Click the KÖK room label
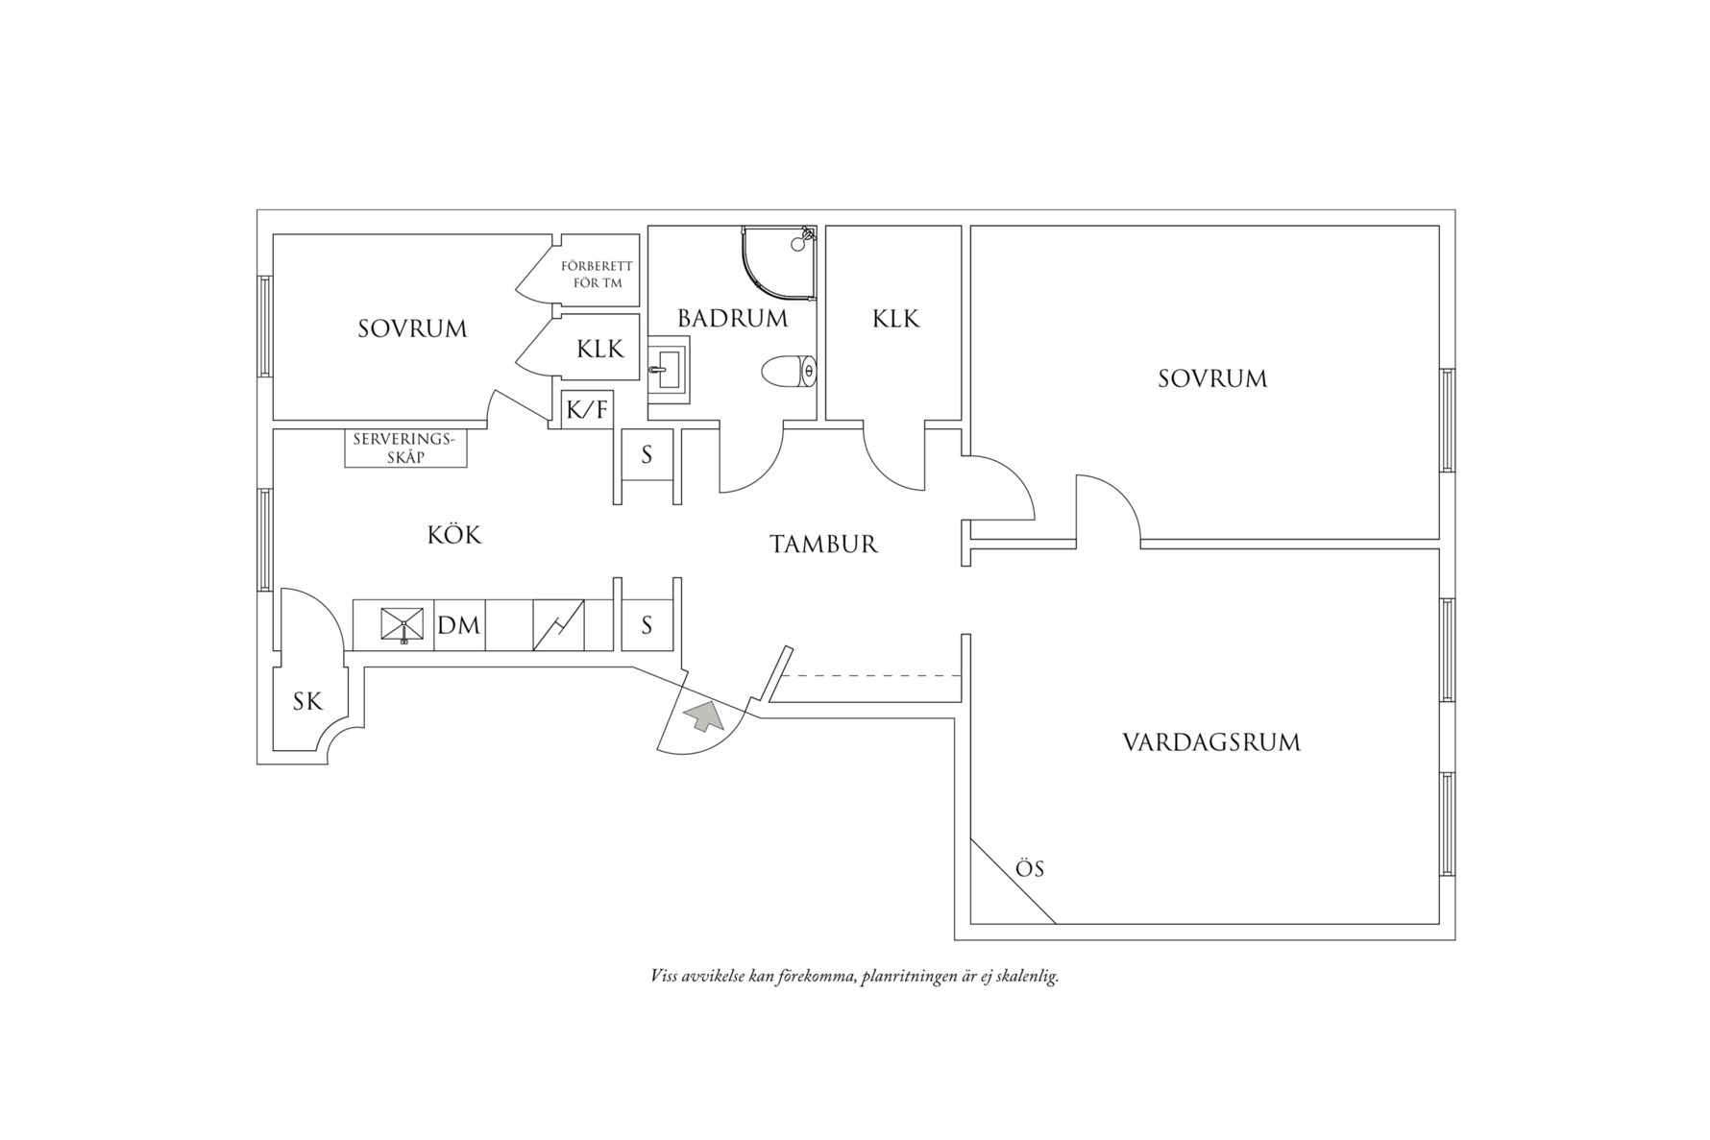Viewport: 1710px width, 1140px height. (454, 534)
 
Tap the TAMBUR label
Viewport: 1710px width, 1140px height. (824, 545)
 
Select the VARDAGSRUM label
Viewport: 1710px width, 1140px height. (1211, 742)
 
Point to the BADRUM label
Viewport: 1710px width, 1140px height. (733, 318)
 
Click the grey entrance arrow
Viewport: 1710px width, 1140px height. (705, 716)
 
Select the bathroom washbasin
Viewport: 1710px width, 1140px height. (668, 369)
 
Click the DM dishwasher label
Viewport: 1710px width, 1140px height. (459, 625)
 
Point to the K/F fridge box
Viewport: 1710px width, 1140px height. (587, 410)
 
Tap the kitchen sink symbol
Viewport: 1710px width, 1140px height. (403, 624)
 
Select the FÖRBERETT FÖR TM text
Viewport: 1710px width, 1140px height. (598, 274)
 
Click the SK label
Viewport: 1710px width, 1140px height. (307, 702)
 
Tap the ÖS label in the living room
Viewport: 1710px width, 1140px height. (1030, 868)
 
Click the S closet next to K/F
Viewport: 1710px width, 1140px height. (647, 455)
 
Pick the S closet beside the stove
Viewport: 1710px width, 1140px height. (647, 625)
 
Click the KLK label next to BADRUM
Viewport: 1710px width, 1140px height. (896, 319)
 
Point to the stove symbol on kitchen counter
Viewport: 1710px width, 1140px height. (559, 625)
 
